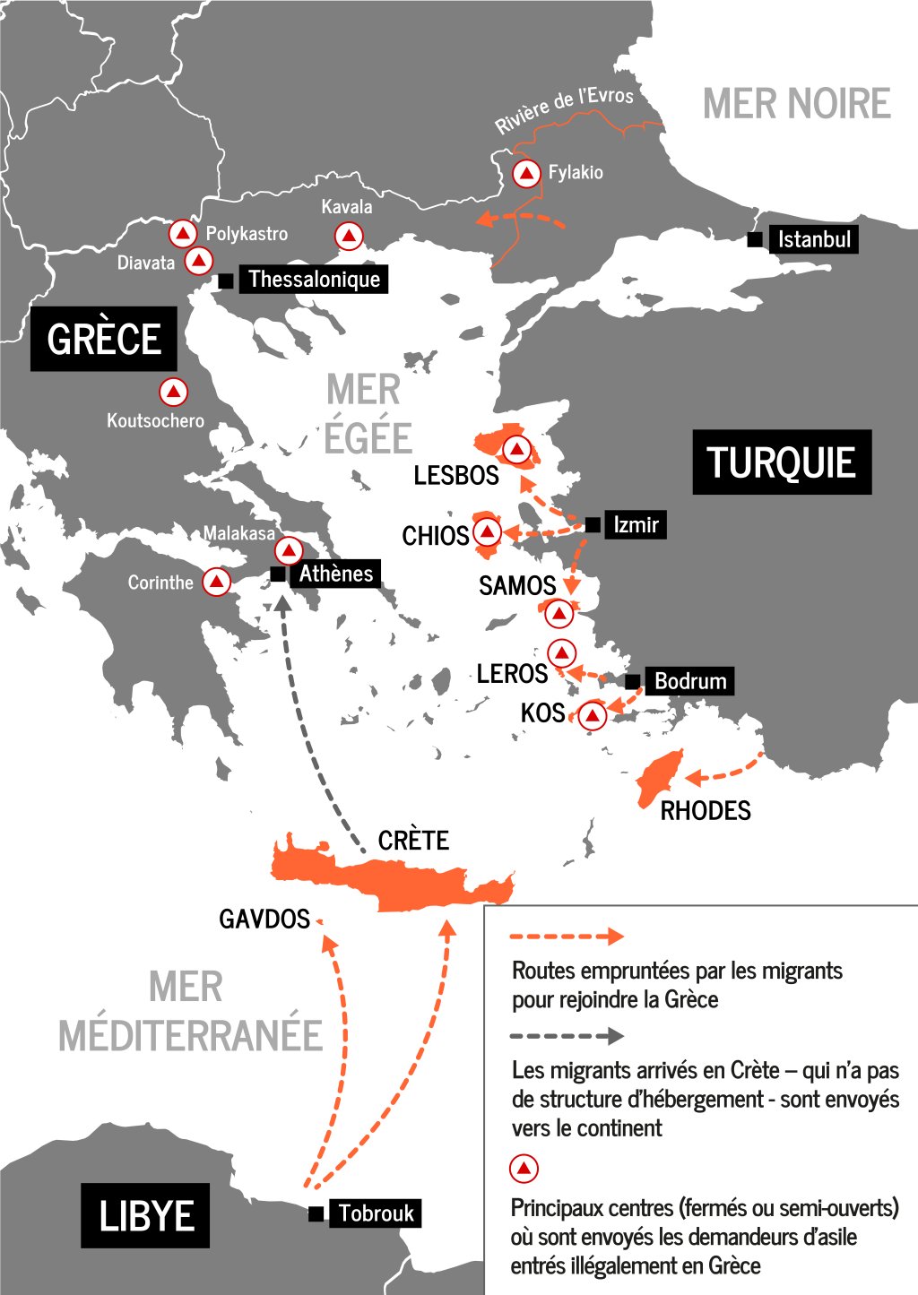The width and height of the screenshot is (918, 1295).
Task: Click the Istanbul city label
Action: tap(813, 239)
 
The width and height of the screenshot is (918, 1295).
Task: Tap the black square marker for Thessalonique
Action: tap(226, 281)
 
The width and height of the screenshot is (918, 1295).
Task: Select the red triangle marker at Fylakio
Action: tap(526, 173)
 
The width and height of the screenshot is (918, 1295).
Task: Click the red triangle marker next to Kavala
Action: tap(349, 237)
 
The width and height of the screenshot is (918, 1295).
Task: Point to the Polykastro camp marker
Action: tap(183, 234)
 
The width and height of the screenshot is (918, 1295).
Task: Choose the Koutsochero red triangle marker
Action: tap(173, 392)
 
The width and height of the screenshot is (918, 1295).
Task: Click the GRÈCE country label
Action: tap(104, 339)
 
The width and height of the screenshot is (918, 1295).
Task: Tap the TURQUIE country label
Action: tap(781, 462)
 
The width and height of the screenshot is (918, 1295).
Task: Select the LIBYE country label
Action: tap(145, 1215)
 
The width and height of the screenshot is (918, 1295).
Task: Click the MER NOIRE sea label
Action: tap(796, 104)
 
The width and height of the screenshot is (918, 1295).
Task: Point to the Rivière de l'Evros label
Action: tap(564, 109)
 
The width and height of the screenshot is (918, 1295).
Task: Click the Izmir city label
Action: tap(636, 524)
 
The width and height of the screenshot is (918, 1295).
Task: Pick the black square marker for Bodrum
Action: tap(633, 681)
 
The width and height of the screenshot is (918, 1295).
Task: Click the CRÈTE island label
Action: tap(413, 841)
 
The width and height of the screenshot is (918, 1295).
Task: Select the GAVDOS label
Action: tap(264, 919)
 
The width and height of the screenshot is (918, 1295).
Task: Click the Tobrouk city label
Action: tap(376, 1213)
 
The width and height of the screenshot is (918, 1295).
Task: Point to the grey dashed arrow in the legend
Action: tap(566, 1036)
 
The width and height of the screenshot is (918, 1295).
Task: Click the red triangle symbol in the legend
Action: tap(524, 1169)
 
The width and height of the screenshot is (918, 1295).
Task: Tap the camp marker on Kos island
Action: tap(592, 715)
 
